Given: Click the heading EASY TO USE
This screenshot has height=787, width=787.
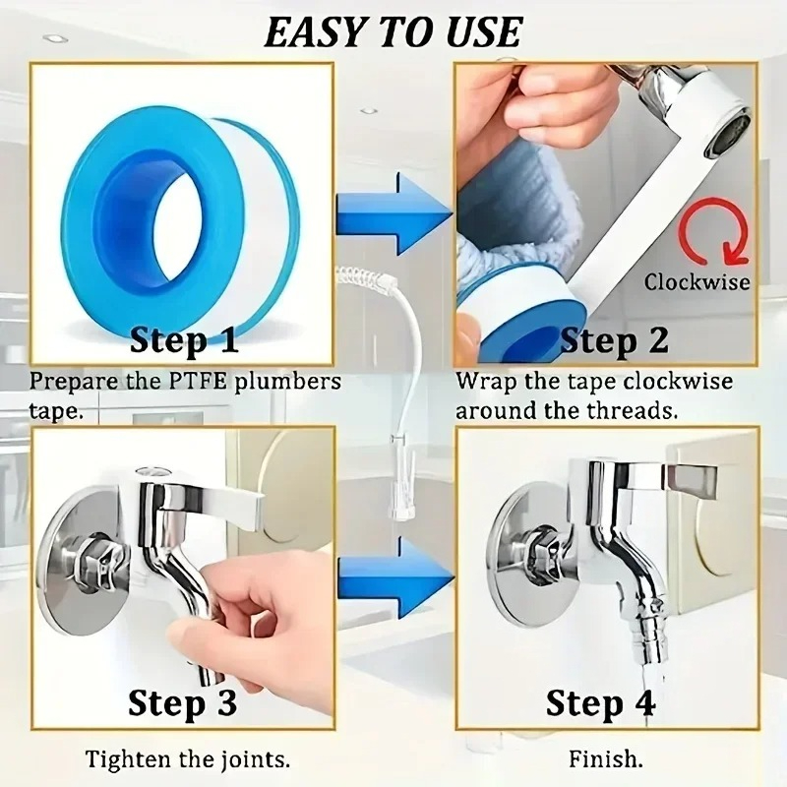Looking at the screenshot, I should pos(392,31).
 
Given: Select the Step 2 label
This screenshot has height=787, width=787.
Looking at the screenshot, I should pos(614,340).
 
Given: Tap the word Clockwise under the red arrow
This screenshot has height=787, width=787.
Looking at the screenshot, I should pos(696,282).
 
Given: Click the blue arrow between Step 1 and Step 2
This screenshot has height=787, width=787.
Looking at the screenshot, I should pos(393,218).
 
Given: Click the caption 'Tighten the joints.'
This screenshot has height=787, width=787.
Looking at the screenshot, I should pos(187,758).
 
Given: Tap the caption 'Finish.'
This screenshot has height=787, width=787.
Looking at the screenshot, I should pos(606,758).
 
